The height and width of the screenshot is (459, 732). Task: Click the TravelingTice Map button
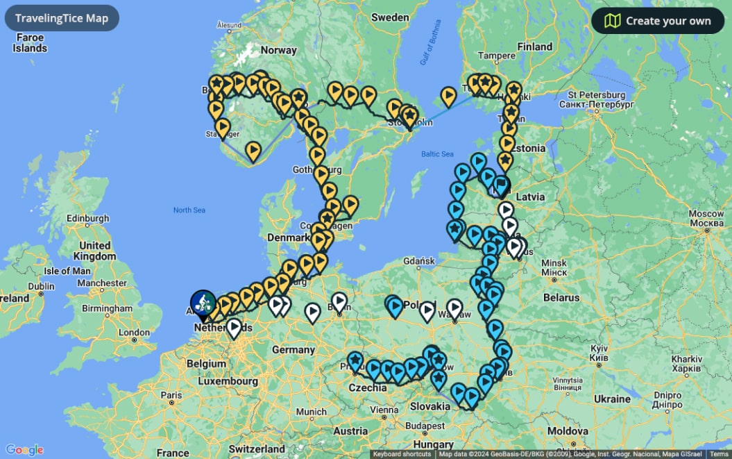[62, 18]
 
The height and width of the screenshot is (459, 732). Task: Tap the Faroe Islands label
[30, 43]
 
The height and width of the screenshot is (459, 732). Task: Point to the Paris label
[171, 396]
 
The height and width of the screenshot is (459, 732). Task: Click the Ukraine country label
[612, 399]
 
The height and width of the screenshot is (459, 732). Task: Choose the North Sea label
[189, 210]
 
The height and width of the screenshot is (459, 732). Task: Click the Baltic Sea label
[437, 153]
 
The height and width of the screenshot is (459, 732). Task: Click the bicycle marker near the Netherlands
[203, 303]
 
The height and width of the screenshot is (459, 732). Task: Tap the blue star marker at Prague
[355, 361]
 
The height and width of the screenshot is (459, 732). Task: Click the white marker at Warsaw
[454, 308]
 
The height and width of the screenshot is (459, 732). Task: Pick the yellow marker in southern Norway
[253, 150]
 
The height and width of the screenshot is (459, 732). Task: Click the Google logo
[24, 450]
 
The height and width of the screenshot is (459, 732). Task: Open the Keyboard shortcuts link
[402, 454]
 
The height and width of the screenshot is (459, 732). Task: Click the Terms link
[718, 454]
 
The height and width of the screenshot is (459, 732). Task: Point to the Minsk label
[554, 267]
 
